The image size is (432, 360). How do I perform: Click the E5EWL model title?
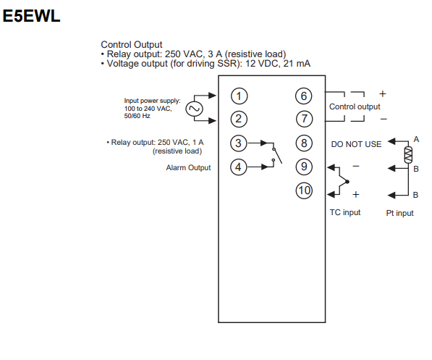[31, 16]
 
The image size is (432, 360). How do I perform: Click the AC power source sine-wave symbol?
[194, 109]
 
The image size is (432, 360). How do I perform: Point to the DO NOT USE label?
[356, 144]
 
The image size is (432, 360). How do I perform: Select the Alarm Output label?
[188, 167]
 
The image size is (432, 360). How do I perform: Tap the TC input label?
[345, 212]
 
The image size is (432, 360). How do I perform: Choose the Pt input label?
[399, 213]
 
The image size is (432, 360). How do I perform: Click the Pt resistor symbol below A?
[408, 155]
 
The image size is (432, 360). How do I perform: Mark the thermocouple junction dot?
[347, 182]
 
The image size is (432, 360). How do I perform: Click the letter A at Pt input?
[416, 139]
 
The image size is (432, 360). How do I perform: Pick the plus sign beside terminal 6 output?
[382, 93]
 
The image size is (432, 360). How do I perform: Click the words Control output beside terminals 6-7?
[355, 106]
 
